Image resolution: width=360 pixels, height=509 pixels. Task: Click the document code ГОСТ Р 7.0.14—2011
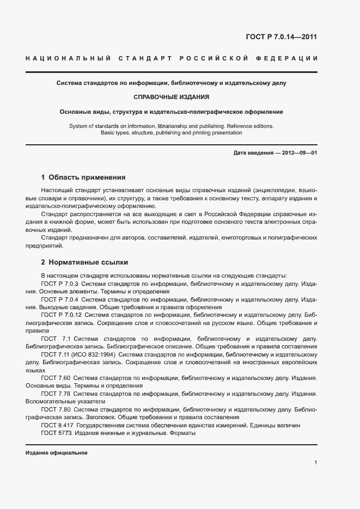tap(282, 38)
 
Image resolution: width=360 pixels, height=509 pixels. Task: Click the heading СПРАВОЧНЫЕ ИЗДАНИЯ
tap(172, 97)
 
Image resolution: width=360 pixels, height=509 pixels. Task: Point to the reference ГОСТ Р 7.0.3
tap(60, 284)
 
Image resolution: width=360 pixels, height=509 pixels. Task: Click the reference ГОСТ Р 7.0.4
tap(60, 299)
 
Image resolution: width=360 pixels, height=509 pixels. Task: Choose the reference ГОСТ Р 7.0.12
tap(62, 315)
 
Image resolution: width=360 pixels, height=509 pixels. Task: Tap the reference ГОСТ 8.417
tap(57, 425)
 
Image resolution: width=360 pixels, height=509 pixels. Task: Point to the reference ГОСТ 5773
tap(56, 433)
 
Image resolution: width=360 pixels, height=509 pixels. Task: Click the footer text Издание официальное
tap(57, 453)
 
